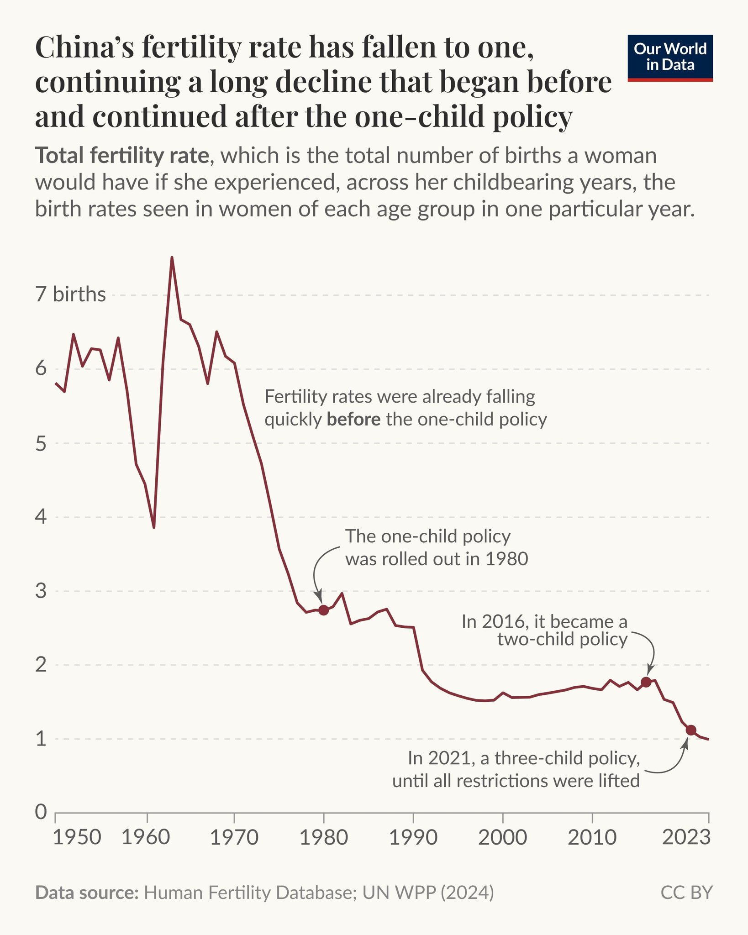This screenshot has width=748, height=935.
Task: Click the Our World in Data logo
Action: tap(670, 58)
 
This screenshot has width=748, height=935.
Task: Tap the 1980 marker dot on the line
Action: tap(324, 610)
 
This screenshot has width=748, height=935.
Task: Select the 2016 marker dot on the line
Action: tap(646, 682)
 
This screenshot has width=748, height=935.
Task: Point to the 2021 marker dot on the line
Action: tap(691, 730)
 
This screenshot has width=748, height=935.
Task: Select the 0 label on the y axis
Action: tap(41, 812)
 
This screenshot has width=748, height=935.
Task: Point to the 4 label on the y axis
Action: tap(41, 517)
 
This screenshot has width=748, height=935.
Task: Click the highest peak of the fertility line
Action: tap(172, 258)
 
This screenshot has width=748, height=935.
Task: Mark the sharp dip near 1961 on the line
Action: tap(154, 527)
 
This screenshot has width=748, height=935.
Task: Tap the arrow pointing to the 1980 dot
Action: tap(320, 573)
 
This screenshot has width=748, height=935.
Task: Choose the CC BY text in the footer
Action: tap(686, 893)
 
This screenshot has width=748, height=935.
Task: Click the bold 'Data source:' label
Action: tap(87, 893)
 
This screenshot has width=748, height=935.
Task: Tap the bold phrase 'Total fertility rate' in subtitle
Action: tap(122, 156)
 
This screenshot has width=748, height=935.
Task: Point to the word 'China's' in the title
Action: tap(84, 47)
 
